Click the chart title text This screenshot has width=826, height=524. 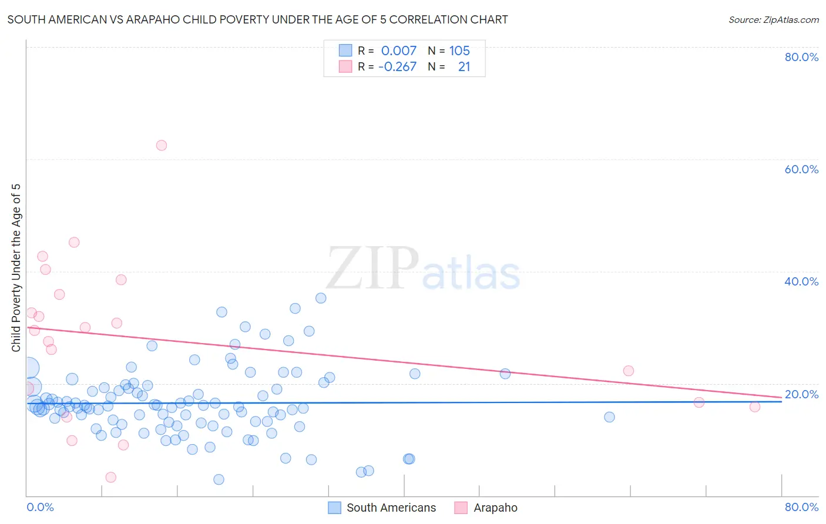coord(257,19)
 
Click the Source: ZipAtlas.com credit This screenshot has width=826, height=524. coord(773,19)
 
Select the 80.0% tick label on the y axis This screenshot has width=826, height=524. coord(801,57)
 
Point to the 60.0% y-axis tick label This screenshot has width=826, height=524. coord(801,169)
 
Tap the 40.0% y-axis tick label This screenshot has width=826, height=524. coord(801,281)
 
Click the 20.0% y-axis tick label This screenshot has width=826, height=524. coord(801,394)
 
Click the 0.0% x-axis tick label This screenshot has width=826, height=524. coord(40,507)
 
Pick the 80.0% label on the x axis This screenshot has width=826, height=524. coord(801,507)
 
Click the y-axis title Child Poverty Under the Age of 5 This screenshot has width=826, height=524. coord(16,268)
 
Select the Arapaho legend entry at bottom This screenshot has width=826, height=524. coord(495,508)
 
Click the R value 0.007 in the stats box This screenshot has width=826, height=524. coord(398,51)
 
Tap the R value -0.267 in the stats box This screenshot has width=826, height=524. coord(397,66)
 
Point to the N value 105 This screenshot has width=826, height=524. coord(459,51)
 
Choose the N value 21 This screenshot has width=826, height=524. coord(464,66)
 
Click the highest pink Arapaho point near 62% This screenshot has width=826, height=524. coord(162,145)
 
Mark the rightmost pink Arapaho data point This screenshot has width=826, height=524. coord(755,407)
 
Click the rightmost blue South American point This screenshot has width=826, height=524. coord(609,417)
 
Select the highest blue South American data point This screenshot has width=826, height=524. coord(321,298)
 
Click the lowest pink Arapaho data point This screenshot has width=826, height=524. coord(110,477)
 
